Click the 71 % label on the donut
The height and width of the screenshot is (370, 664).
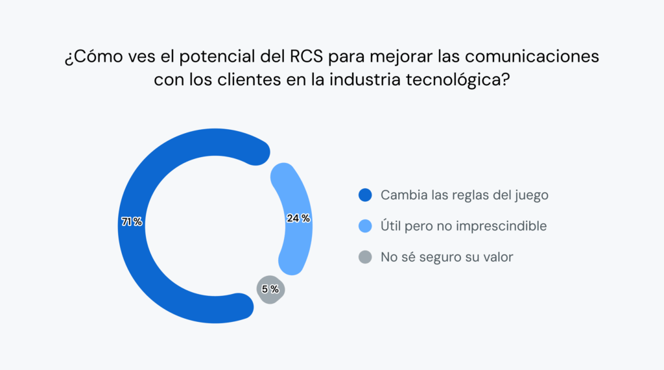pyautogui.click(x=132, y=222)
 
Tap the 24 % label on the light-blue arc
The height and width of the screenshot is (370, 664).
pyautogui.click(x=298, y=219)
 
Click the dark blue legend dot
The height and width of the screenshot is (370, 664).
pyautogui.click(x=365, y=195)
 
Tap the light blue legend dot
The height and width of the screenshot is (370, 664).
pyautogui.click(x=365, y=226)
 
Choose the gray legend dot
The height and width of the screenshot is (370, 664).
pyautogui.click(x=365, y=257)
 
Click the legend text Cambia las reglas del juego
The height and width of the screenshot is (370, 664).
pyautogui.click(x=465, y=195)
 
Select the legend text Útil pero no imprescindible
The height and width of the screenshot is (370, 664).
pyautogui.click(x=464, y=226)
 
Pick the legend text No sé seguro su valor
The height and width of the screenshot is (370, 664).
pyautogui.click(x=447, y=257)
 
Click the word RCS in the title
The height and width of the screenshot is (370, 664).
pyautogui.click(x=304, y=57)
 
